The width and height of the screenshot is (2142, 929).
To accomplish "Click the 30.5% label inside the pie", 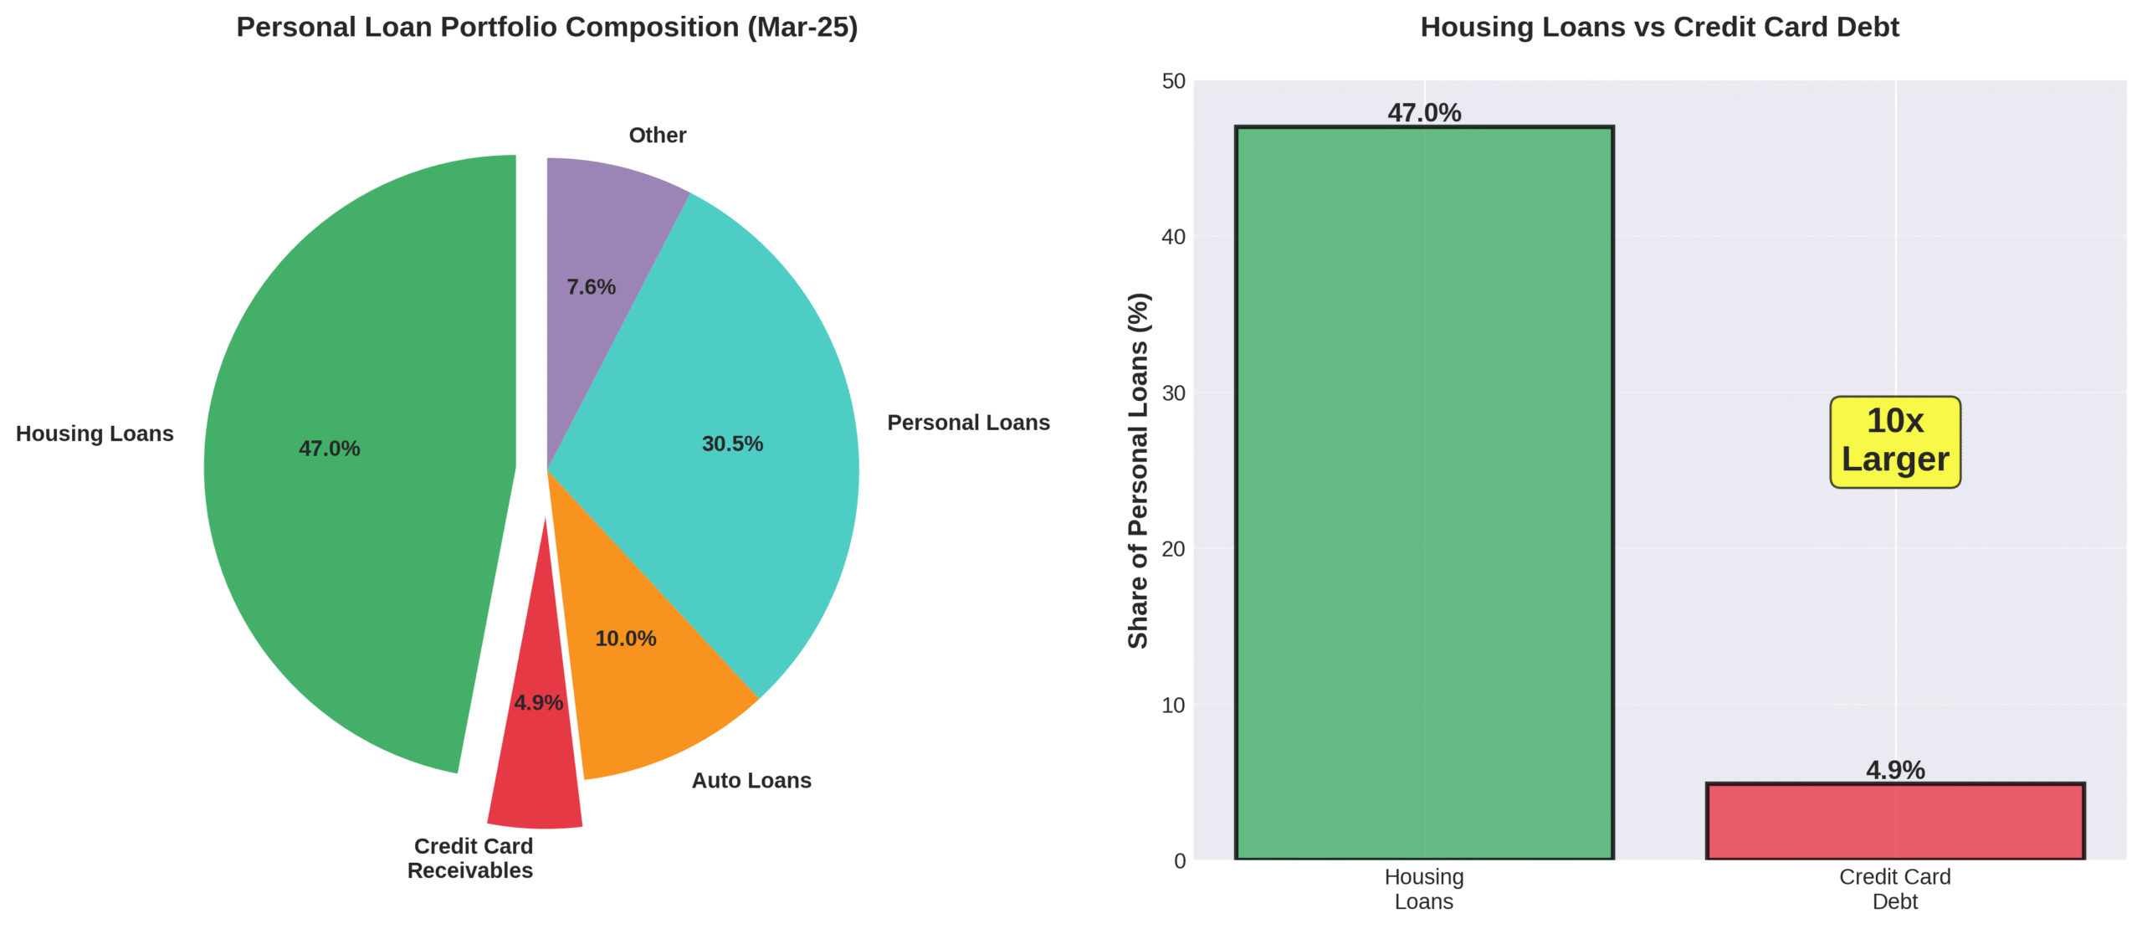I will [x=732, y=444].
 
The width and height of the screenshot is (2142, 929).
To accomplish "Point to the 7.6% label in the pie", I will [x=591, y=287].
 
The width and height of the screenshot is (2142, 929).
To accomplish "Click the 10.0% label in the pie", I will [x=625, y=639].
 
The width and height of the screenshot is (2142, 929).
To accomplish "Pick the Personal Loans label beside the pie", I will [x=968, y=423].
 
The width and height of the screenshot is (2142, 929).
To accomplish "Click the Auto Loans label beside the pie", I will [x=751, y=780].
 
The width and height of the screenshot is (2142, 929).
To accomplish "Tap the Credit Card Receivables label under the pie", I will [x=471, y=858].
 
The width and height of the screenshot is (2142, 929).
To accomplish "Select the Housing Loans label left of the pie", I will [x=95, y=434].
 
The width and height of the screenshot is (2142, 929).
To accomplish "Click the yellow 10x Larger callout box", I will [x=1894, y=441].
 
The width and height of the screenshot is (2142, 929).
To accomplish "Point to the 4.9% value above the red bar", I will [x=1894, y=769].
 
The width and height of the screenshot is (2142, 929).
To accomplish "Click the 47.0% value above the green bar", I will [x=1423, y=112].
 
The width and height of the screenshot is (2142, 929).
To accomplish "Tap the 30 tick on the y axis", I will [x=1173, y=393].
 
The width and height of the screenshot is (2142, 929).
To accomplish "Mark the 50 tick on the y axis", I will [x=1173, y=81].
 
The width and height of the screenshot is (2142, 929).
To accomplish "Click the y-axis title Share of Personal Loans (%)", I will [x=1138, y=470].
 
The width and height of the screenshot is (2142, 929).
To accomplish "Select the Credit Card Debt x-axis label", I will [x=1894, y=889].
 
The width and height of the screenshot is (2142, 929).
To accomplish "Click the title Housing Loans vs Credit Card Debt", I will [x=1659, y=27].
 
